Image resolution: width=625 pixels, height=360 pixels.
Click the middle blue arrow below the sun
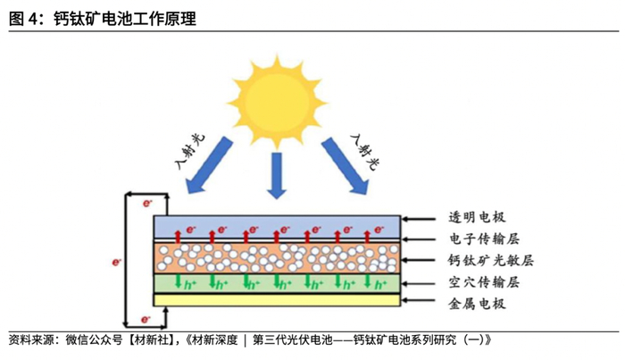pyautogui.click(x=276, y=175)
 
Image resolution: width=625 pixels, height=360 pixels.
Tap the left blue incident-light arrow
pyautogui.click(x=208, y=165)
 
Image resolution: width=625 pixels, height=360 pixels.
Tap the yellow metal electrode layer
pyautogui.click(x=276, y=301)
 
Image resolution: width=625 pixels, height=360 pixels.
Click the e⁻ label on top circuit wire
pyautogui.click(x=146, y=204)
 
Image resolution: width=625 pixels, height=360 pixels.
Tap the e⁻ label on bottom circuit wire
pyautogui.click(x=146, y=318)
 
